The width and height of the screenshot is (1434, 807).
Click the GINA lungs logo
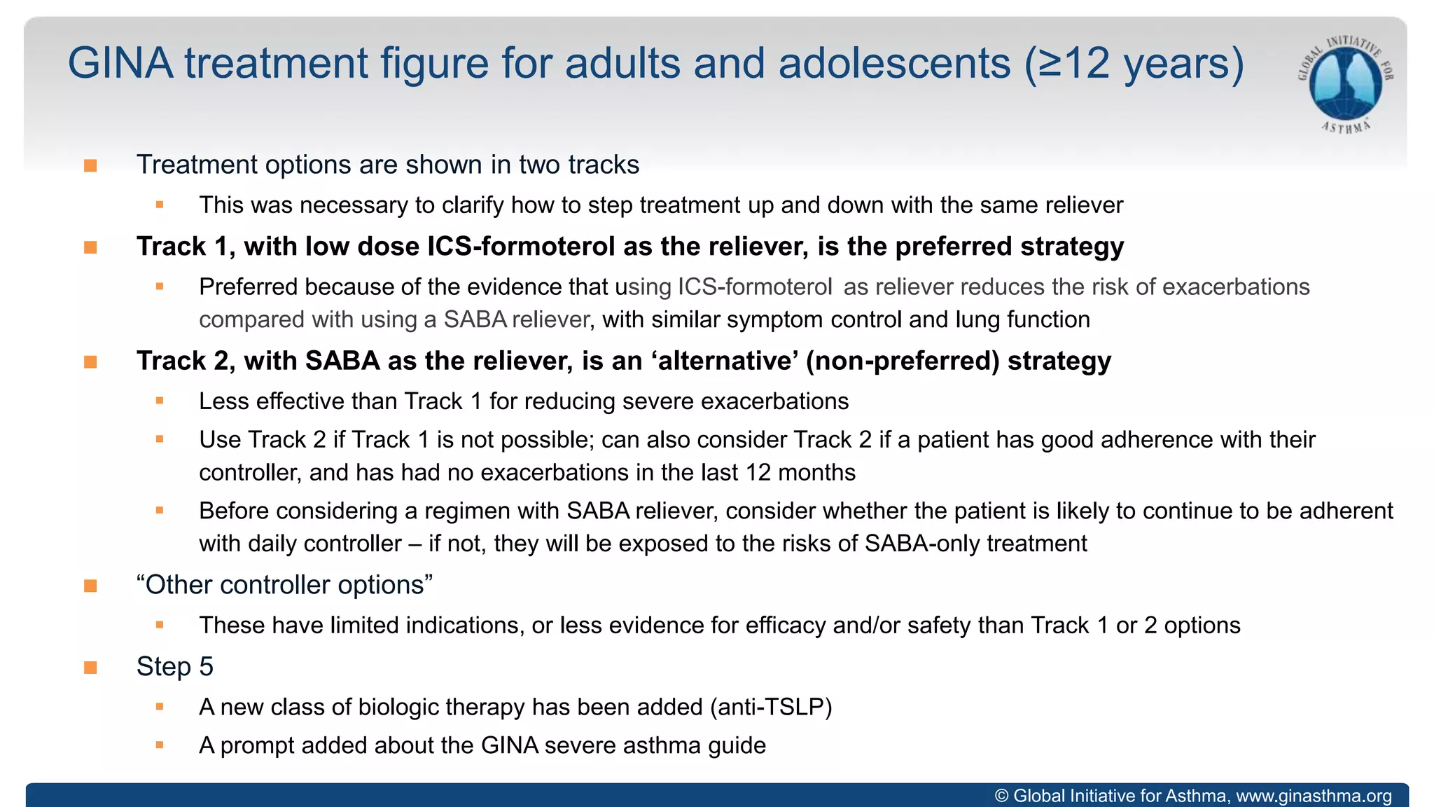[1345, 84]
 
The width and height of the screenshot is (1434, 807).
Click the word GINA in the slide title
[120, 63]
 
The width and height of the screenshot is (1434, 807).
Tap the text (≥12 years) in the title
[1134, 63]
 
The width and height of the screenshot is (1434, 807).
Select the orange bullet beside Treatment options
[90, 165]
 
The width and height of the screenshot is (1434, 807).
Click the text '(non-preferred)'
[903, 361]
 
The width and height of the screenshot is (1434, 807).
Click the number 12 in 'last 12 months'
[758, 473]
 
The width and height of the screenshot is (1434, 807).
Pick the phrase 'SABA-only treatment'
[975, 544]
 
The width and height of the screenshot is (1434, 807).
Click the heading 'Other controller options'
[284, 585]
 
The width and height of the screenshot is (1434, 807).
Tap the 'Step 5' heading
[174, 667]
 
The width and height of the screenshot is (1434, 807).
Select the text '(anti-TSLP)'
[771, 708]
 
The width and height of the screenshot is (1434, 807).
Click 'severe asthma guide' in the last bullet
[655, 745]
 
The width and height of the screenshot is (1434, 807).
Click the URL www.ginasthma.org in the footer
[1314, 796]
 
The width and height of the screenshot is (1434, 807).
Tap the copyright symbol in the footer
[1002, 796]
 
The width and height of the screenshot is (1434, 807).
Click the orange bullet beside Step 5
[90, 668]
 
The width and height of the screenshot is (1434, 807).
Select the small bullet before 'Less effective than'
[160, 401]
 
